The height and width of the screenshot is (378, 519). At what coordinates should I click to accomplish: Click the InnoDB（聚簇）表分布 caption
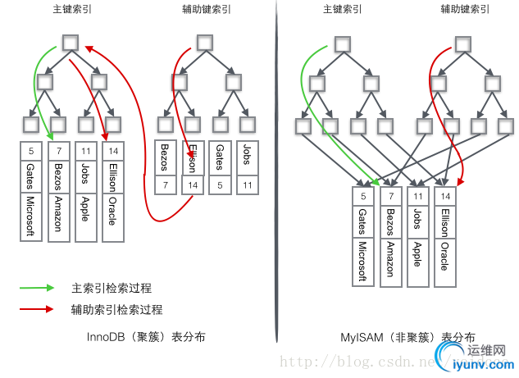pos(146,336)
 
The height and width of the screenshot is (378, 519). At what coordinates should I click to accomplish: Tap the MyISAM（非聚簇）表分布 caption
pos(407,336)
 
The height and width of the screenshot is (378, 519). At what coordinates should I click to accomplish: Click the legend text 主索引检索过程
pos(112,288)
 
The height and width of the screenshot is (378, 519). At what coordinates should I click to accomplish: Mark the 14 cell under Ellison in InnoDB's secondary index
pos(193,185)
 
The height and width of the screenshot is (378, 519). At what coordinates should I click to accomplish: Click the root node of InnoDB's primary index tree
pos(70,42)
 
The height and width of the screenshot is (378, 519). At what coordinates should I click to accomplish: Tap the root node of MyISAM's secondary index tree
pos(463,42)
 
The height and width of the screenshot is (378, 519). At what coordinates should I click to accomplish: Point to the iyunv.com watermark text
pos(489,366)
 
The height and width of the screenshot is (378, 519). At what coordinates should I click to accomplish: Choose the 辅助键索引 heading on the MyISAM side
pos(463,9)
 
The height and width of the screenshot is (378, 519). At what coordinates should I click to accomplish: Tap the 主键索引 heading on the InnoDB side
pos(71,9)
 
